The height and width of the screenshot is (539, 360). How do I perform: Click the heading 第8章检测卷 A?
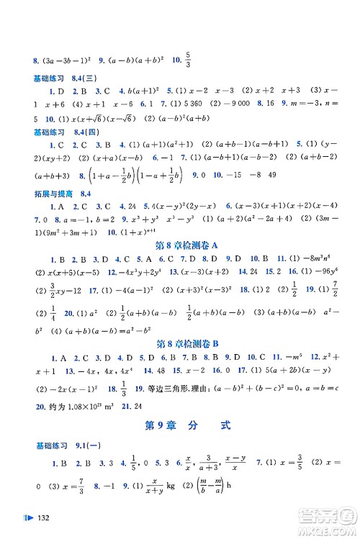tap(179, 246)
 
